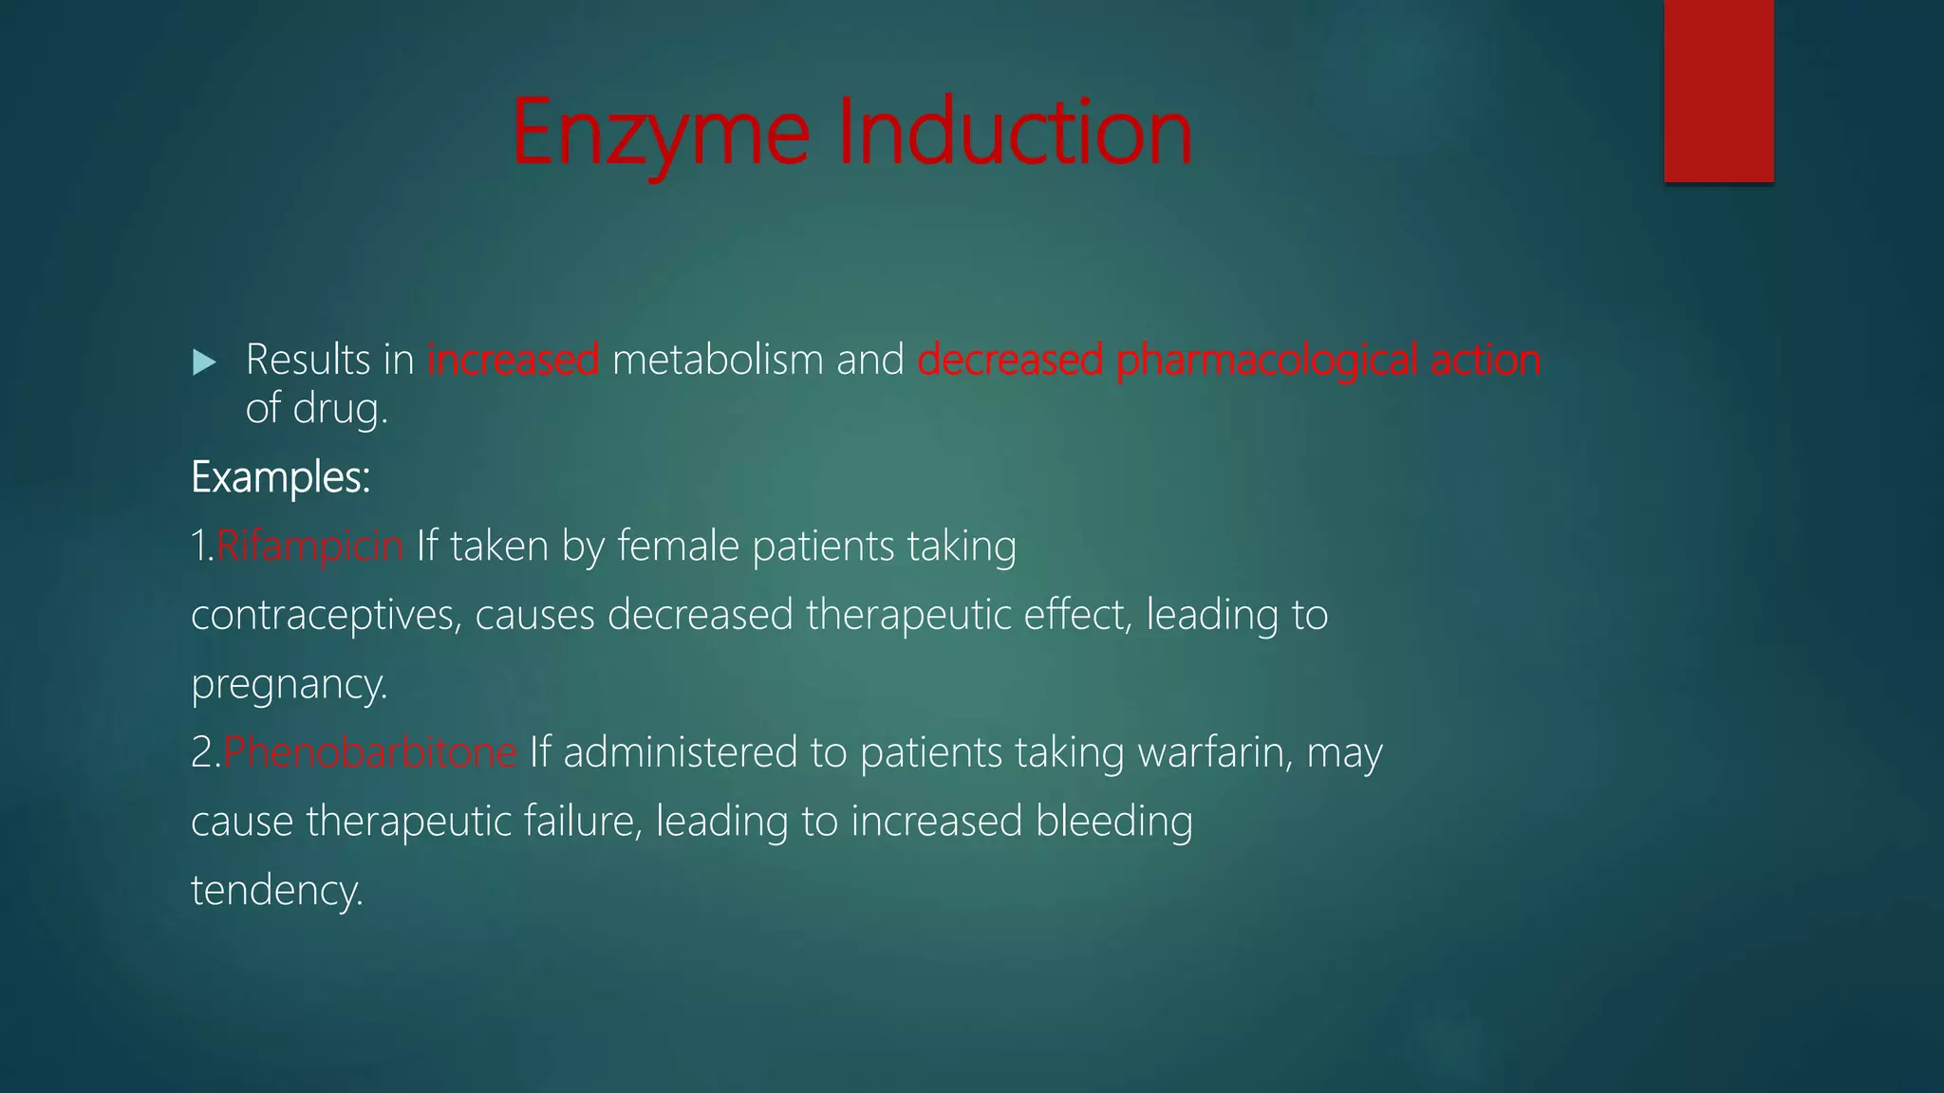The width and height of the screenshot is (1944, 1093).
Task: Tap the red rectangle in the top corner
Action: tap(1718, 90)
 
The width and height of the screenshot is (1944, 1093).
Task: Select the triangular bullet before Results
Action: tap(204, 361)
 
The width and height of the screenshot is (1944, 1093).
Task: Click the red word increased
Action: tap(513, 360)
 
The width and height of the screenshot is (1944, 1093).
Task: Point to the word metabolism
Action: tap(718, 360)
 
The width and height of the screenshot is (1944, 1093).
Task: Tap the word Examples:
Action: tap(280, 477)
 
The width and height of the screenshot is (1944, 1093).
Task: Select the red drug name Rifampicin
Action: tap(309, 546)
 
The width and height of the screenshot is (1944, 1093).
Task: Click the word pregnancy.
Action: tap(289, 685)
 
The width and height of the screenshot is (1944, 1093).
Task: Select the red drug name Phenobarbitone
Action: tap(370, 752)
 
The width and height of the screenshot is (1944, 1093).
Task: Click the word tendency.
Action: tap(276, 891)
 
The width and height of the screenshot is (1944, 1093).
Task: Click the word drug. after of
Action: tap(340, 410)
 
